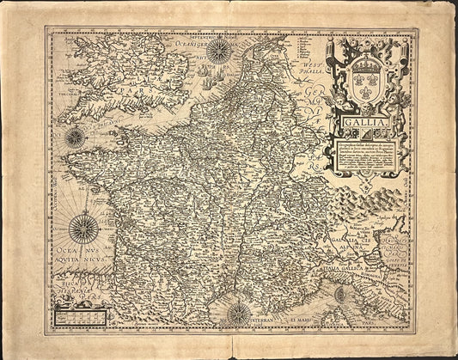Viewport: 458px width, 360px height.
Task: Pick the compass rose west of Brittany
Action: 74,135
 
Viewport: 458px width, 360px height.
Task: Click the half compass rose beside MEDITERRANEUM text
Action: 239,317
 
